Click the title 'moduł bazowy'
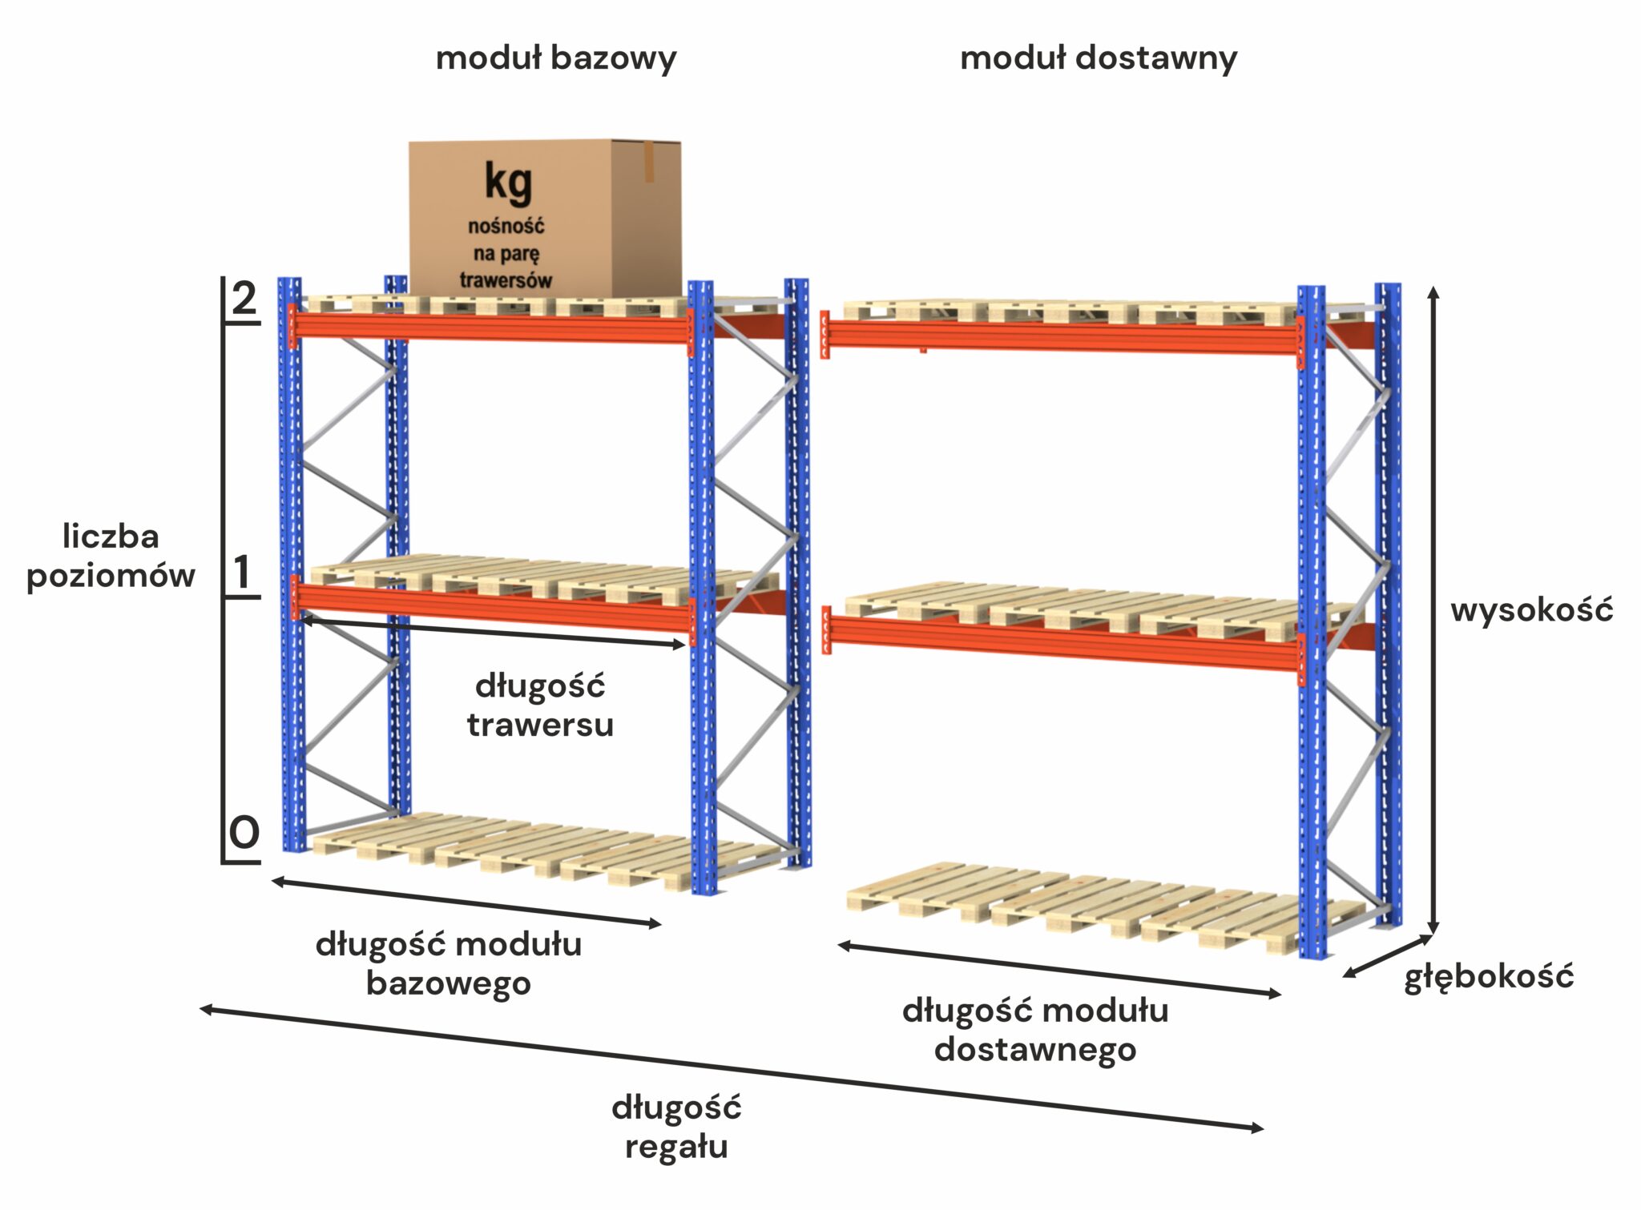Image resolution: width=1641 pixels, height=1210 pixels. click(x=555, y=59)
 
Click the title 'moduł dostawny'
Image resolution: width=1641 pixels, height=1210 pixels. click(x=1098, y=59)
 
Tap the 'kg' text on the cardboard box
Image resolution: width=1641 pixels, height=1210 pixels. click(x=508, y=183)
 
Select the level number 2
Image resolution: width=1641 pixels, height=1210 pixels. click(x=244, y=299)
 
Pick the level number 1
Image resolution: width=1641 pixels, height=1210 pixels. click(x=242, y=573)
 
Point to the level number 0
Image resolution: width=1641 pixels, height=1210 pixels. click(x=244, y=833)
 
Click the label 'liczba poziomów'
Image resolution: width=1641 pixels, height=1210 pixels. click(x=111, y=556)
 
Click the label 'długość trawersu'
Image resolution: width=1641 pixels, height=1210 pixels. click(x=540, y=705)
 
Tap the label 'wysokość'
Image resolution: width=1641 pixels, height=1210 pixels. click(x=1531, y=610)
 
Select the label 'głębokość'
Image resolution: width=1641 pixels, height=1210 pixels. click(x=1489, y=977)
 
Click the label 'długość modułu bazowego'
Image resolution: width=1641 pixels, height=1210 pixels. click(x=449, y=963)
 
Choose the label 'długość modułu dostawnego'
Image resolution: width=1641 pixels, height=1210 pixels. click(x=1035, y=1030)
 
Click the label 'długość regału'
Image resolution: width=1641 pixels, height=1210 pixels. click(x=676, y=1128)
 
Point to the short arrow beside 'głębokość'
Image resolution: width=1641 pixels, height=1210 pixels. click(x=1388, y=955)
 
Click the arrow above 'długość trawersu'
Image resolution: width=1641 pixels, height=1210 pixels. click(x=492, y=631)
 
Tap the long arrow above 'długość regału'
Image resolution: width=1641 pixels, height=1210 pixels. click(x=731, y=1069)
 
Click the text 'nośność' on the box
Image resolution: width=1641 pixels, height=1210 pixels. click(x=506, y=227)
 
